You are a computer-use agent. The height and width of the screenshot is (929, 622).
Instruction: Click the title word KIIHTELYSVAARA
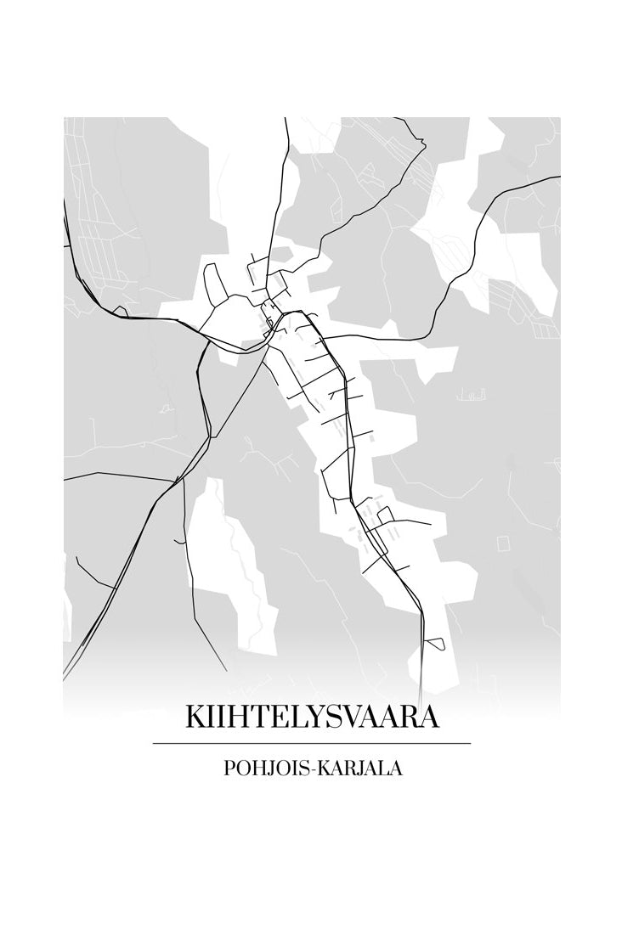pos(312,718)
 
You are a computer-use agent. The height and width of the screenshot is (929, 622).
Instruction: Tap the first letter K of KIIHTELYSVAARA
pos(195,718)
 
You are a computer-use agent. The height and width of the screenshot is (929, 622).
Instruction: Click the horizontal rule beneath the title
pos(311,743)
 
